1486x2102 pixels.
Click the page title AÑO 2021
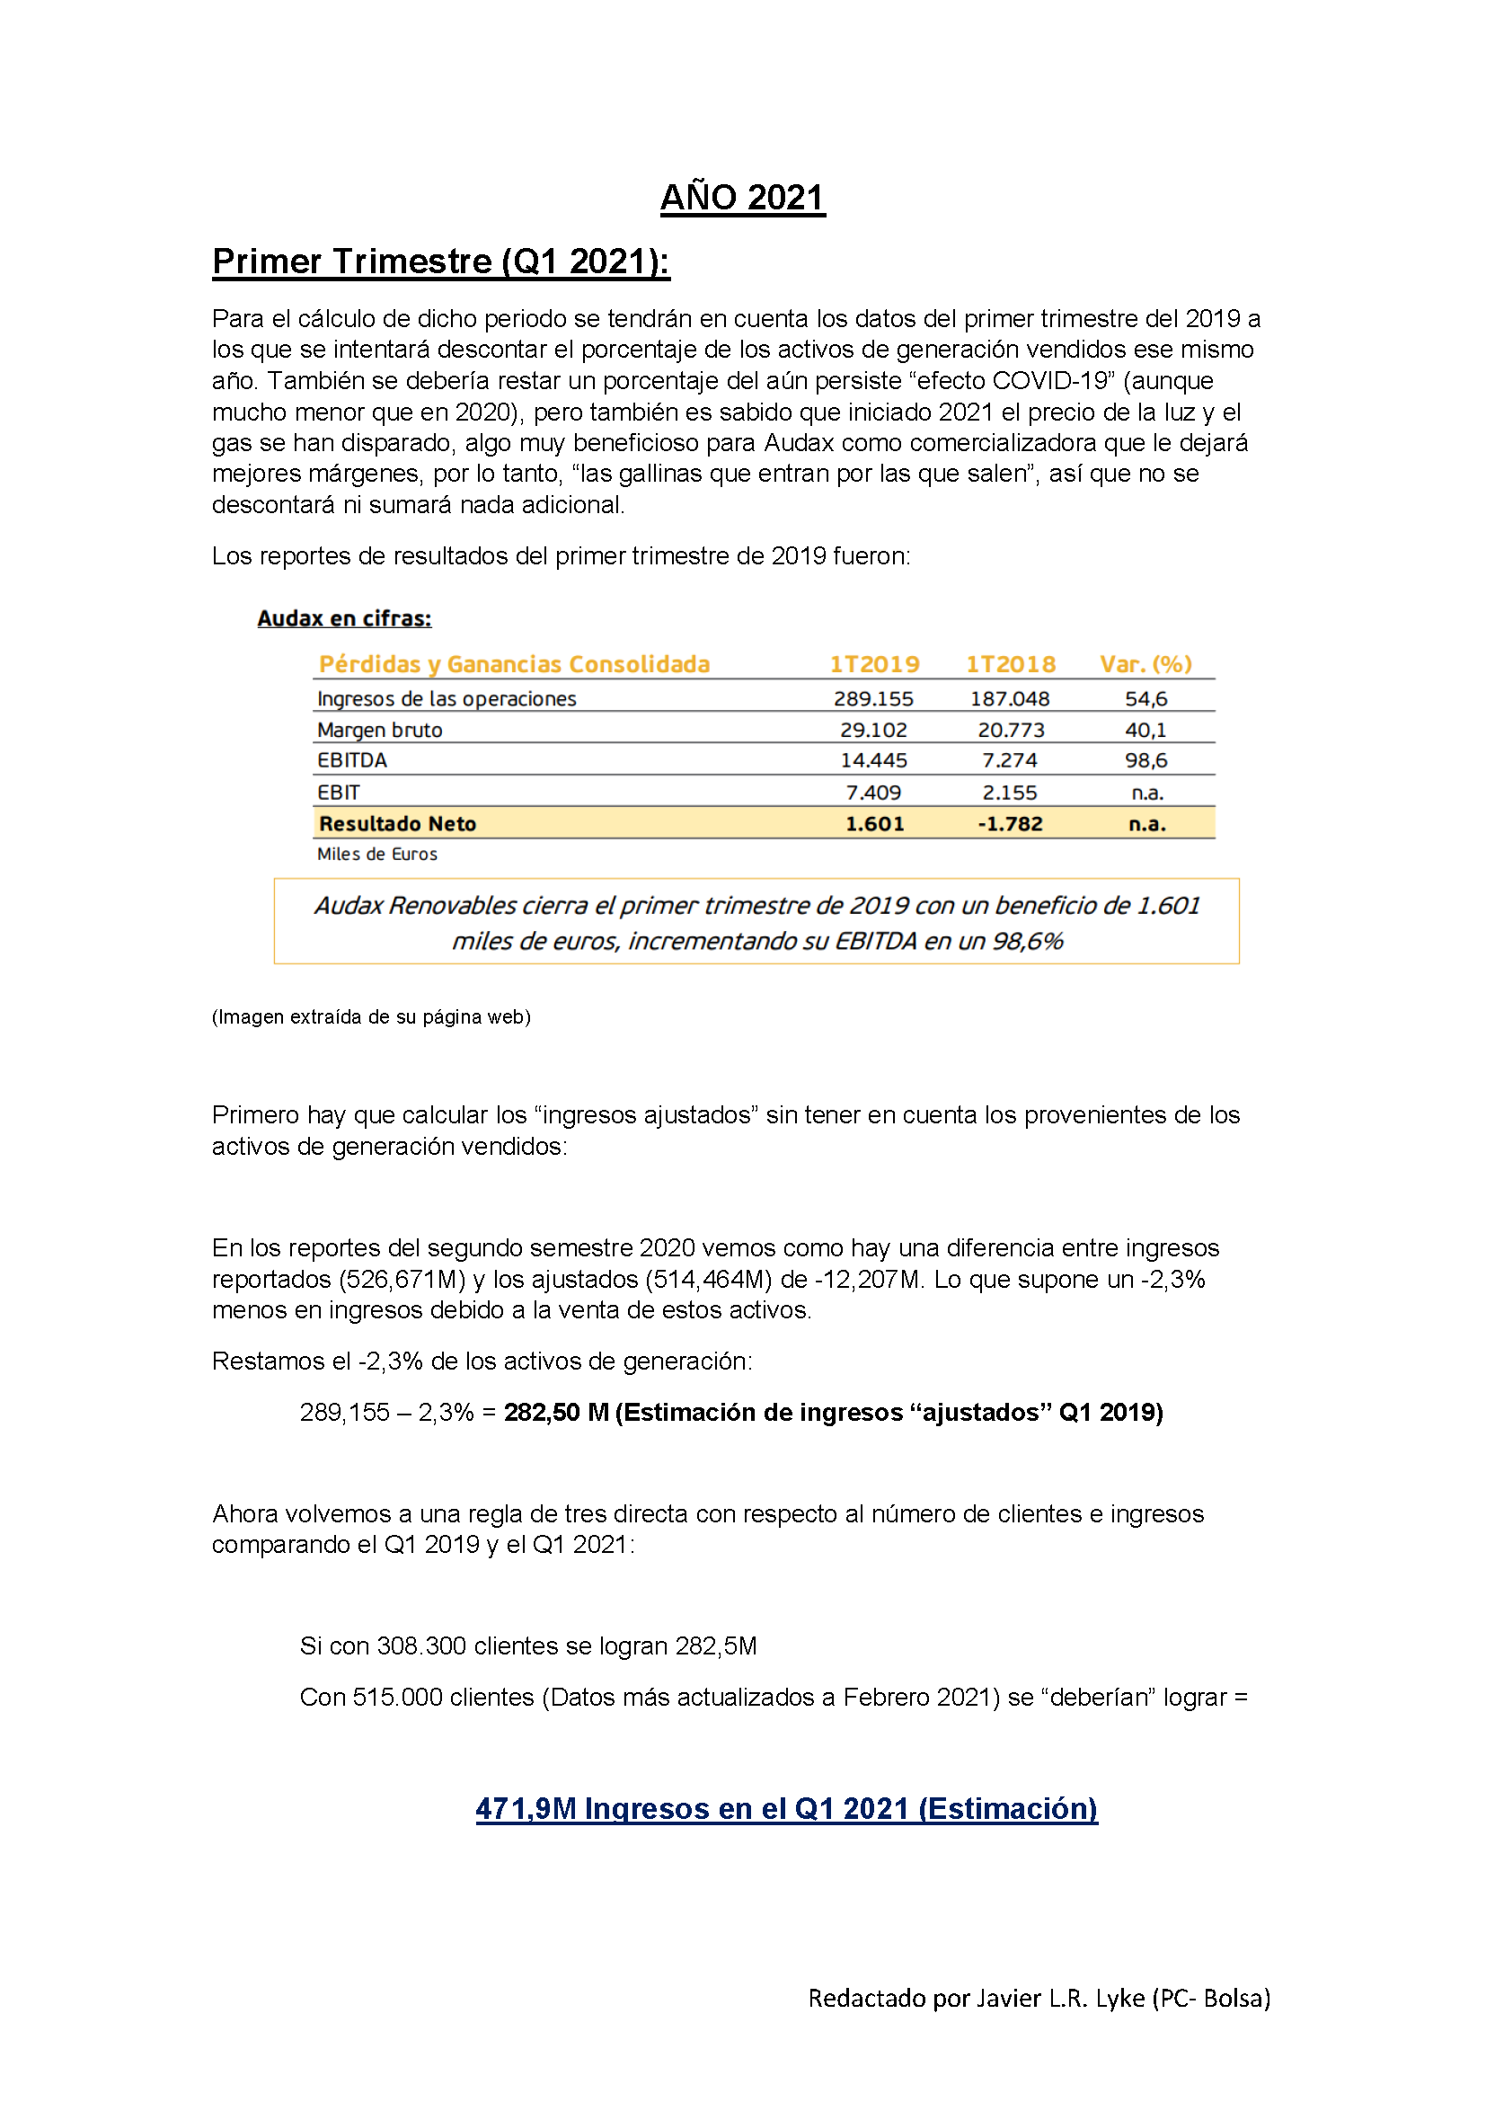pos(742,198)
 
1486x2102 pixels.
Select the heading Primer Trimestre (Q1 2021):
pos(440,262)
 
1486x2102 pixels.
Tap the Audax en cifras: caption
pos(344,619)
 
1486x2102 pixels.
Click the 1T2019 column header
pos(874,665)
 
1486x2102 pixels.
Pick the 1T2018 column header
pos(1010,665)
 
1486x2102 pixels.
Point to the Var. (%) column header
pos(1145,665)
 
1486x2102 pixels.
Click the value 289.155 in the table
pos(873,699)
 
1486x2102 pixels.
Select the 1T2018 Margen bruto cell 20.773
pos(1010,731)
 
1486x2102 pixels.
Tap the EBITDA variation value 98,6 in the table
pos(1145,761)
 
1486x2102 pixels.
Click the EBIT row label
pos(339,793)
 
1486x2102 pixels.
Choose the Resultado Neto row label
pos(397,824)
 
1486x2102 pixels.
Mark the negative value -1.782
pos(1009,824)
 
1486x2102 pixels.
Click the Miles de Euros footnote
pos(377,854)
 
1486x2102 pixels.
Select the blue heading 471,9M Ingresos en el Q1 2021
pos(786,1809)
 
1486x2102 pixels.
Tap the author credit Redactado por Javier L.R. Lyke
pos(1039,1998)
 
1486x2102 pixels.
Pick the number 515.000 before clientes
pos(397,1698)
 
